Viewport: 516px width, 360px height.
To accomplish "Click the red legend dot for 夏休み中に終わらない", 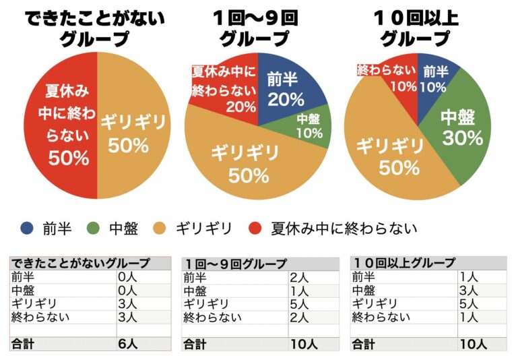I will click(x=257, y=229).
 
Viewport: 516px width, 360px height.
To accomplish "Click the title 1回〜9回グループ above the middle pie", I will click(x=259, y=27).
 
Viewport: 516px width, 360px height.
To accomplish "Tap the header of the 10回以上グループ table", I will click(x=428, y=263).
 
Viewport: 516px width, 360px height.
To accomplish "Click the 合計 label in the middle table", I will click(x=196, y=344).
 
